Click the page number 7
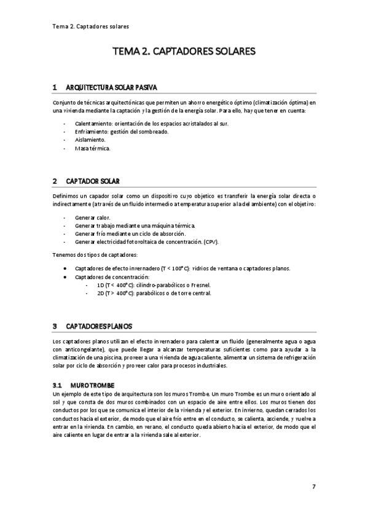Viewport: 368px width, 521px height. click(313, 487)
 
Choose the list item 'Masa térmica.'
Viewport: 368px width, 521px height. click(93, 148)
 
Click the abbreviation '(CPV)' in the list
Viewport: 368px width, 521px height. click(210, 242)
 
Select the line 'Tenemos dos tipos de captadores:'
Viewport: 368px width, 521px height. click(95, 254)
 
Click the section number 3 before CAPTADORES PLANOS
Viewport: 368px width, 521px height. click(55, 326)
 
